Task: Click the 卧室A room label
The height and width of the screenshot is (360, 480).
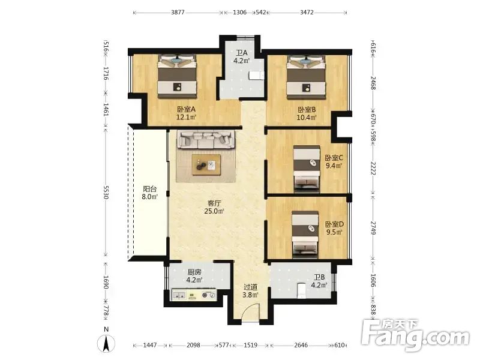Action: [x=186, y=109]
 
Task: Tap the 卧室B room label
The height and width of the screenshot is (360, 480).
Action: [x=307, y=110]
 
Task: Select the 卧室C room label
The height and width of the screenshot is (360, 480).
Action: [x=334, y=158]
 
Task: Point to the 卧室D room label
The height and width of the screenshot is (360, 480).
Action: [x=334, y=224]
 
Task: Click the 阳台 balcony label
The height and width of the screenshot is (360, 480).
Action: [x=149, y=189]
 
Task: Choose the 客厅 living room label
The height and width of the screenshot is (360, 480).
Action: [x=214, y=203]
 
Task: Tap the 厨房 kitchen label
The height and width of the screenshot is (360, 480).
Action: [x=194, y=272]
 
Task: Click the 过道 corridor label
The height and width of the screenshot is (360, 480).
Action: [x=250, y=287]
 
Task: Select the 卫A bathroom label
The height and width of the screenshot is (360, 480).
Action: [x=242, y=53]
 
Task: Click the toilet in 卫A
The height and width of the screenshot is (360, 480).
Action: [x=257, y=76]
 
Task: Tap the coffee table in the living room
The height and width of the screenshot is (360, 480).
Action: [x=206, y=164]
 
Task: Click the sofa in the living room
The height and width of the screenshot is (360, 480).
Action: [x=206, y=140]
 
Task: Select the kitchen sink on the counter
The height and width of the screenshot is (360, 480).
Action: [x=179, y=295]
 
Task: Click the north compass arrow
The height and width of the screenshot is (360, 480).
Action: [x=106, y=343]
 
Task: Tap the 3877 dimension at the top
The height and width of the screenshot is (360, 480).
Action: [x=178, y=12]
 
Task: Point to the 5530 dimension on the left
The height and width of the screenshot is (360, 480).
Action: [x=106, y=192]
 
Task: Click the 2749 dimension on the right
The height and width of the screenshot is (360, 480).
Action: [x=373, y=228]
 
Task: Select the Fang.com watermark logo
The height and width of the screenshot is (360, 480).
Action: [x=415, y=335]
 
